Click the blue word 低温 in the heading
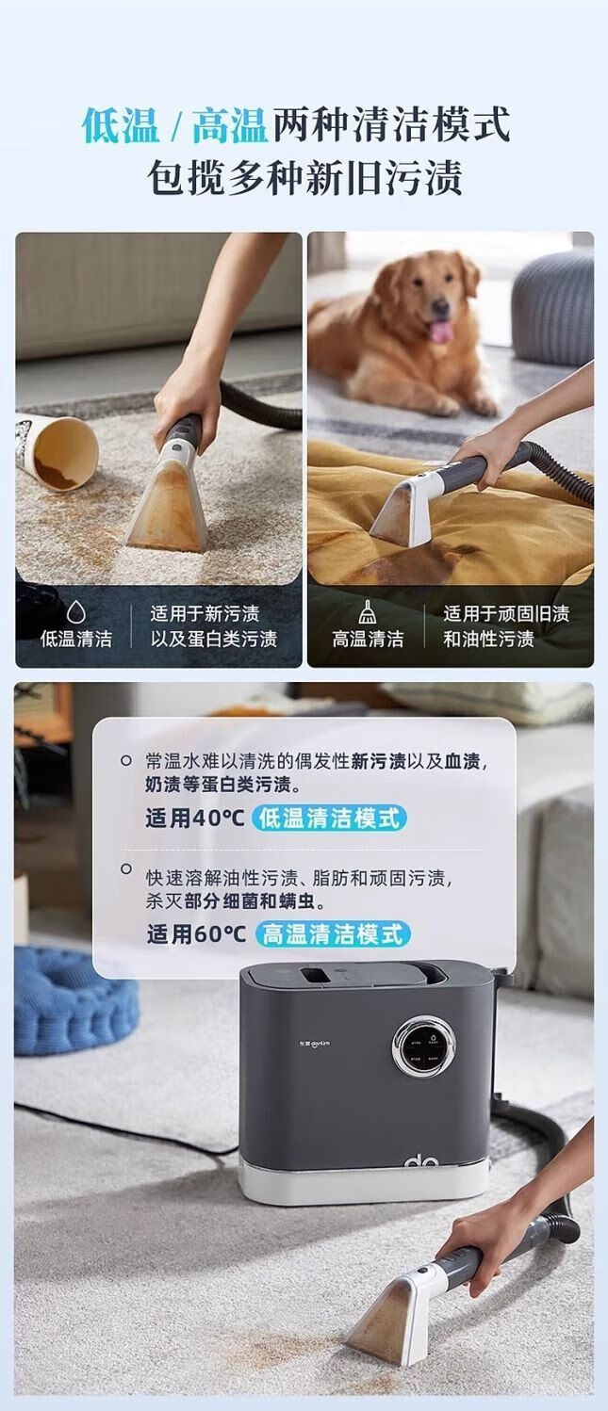click(x=121, y=124)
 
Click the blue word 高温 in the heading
click(x=230, y=124)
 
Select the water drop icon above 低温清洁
click(x=76, y=610)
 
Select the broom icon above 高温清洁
click(x=368, y=611)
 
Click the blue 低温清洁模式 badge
click(x=329, y=819)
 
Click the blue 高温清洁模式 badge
click(x=333, y=933)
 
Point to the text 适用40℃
click(x=194, y=819)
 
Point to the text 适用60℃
click(x=196, y=933)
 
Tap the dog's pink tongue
click(x=441, y=330)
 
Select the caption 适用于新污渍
click(x=205, y=613)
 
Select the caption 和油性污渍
click(x=488, y=639)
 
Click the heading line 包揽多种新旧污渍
click(x=304, y=177)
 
